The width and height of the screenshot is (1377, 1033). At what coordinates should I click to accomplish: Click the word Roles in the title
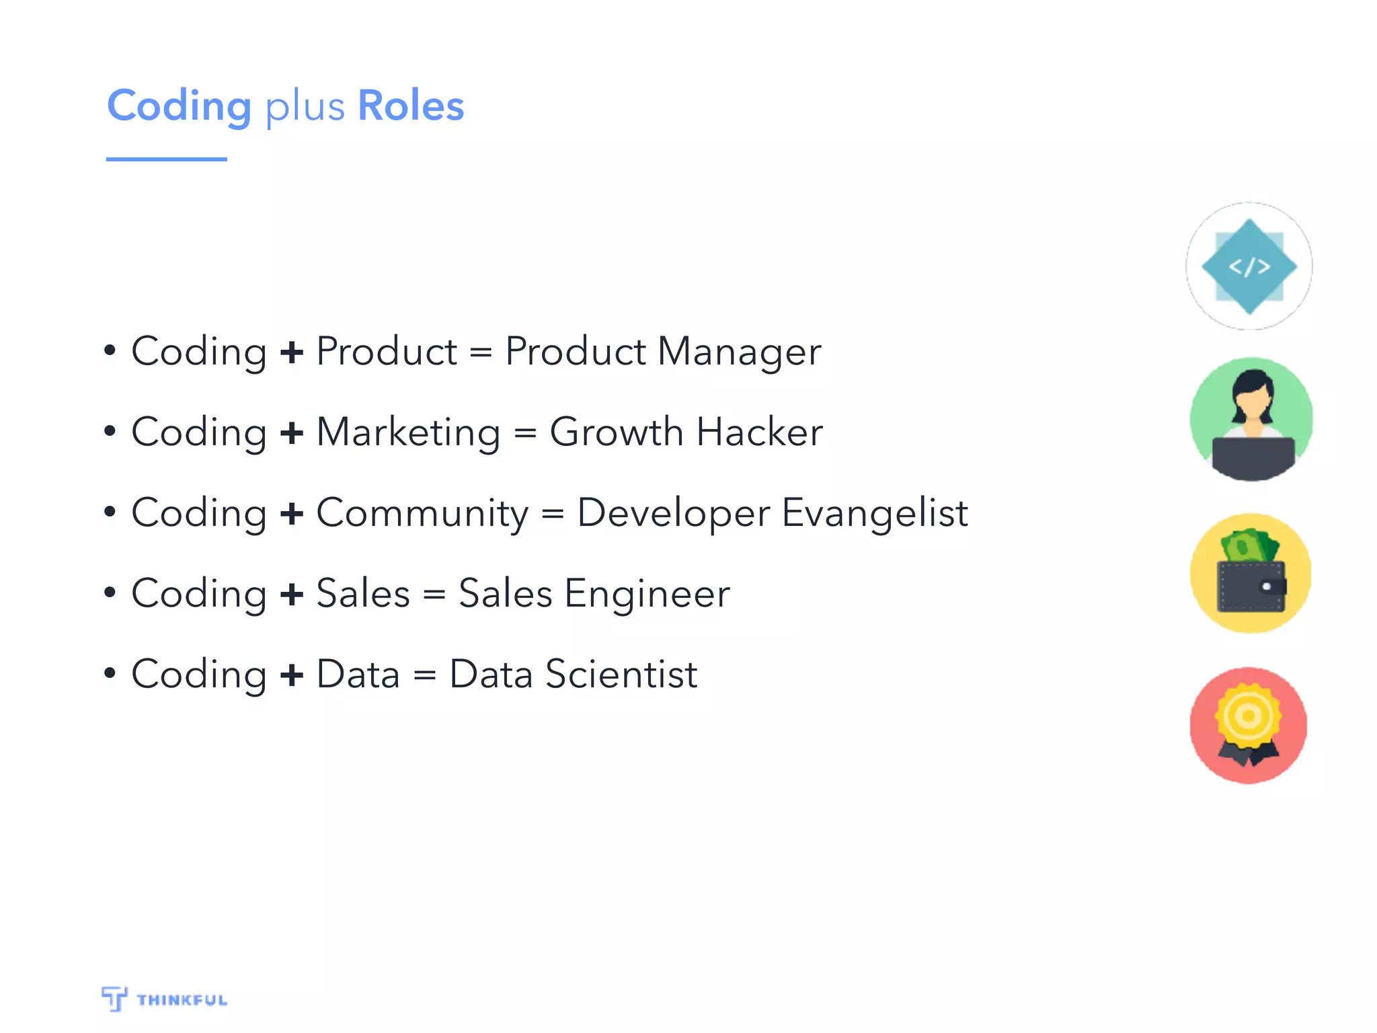[411, 106]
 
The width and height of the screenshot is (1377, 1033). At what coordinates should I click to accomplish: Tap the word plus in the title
[305, 108]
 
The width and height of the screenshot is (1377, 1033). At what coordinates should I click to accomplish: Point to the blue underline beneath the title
[166, 159]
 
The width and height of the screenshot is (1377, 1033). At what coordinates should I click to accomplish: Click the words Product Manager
[663, 351]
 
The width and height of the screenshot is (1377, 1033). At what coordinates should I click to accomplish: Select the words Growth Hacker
[686, 432]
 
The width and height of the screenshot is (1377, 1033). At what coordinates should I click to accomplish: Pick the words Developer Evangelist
[773, 512]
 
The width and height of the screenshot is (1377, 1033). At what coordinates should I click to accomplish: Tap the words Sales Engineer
[594, 593]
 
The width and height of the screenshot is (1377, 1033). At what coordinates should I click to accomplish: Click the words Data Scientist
[574, 674]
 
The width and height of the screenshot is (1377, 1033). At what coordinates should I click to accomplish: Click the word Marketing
[408, 432]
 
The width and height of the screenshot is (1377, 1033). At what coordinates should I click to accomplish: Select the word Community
[422, 514]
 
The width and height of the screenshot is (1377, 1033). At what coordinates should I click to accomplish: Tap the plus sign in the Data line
[292, 675]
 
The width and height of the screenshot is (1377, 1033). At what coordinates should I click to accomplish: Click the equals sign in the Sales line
[434, 595]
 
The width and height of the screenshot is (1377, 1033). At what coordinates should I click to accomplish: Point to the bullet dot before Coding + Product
[110, 350]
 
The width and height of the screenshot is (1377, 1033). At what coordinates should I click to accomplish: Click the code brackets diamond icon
[1249, 267]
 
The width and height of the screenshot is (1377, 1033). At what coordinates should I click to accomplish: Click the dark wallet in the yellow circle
[1251, 586]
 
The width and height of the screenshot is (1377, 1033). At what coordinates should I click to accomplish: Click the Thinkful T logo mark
[114, 998]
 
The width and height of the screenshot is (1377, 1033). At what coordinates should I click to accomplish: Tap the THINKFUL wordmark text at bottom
[182, 1000]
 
